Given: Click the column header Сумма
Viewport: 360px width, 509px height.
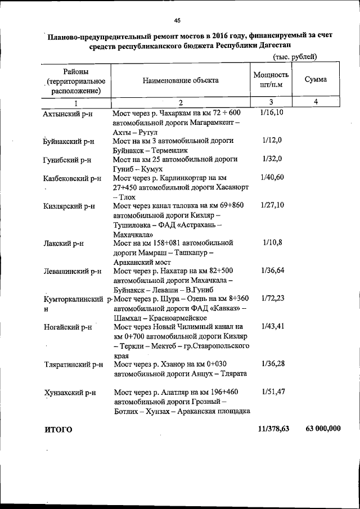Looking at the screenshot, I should pyautogui.click(x=315, y=80).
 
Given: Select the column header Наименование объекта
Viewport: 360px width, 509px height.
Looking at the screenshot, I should pyautogui.click(x=181, y=80).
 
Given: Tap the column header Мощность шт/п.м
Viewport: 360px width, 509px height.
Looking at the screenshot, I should pyautogui.click(x=271, y=80).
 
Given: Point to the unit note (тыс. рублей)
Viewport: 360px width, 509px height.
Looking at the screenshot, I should pyautogui.click(x=295, y=57).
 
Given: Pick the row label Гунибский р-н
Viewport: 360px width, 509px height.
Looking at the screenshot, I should pyautogui.click(x=67, y=160).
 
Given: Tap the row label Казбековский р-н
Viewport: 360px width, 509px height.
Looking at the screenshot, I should pyautogui.click(x=72, y=178).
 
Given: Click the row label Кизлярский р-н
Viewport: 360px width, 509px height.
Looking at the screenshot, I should pyautogui.click(x=69, y=206).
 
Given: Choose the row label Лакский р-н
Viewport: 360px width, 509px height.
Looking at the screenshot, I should pyautogui.click(x=64, y=244).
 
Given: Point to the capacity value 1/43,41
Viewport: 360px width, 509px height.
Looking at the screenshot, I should pyautogui.click(x=272, y=326).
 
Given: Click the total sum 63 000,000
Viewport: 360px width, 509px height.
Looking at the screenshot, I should pyautogui.click(x=323, y=429).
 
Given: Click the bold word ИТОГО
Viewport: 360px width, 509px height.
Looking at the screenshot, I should pyautogui.click(x=58, y=430).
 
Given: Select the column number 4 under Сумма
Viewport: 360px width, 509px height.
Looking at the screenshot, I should pyautogui.click(x=316, y=102).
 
